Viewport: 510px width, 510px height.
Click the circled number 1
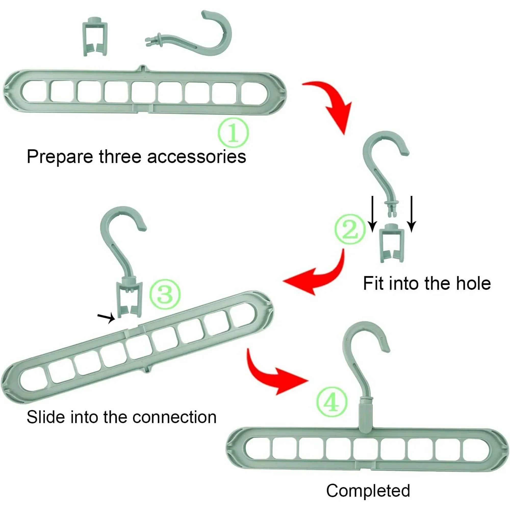233,133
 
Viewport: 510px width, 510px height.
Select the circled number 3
165,294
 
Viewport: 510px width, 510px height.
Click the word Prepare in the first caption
60,157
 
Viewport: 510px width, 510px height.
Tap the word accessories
196,157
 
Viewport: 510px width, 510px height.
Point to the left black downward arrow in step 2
372,214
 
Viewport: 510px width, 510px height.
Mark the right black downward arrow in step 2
411,214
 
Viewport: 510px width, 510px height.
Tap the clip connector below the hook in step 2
392,243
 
